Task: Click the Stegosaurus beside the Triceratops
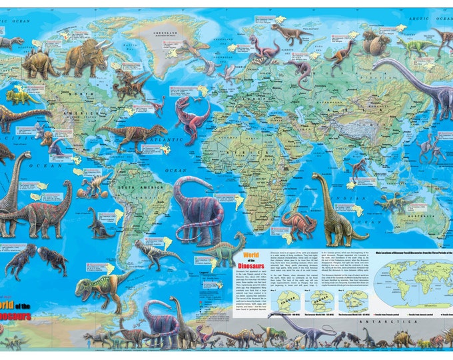point(39,65)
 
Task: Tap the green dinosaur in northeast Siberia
point(417,46)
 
